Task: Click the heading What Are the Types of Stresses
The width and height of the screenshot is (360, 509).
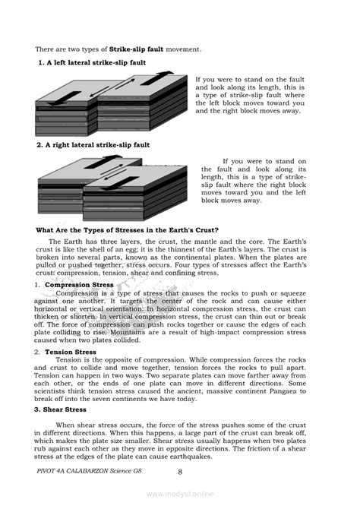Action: pyautogui.click(x=128, y=230)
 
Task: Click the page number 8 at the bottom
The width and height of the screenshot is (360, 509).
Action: pyautogui.click(x=179, y=472)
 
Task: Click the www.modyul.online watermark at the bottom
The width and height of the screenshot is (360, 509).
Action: pyautogui.click(x=179, y=494)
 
